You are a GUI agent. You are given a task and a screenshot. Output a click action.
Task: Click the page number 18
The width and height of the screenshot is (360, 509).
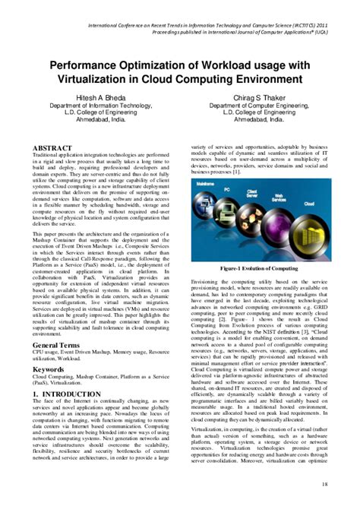(325, 484)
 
